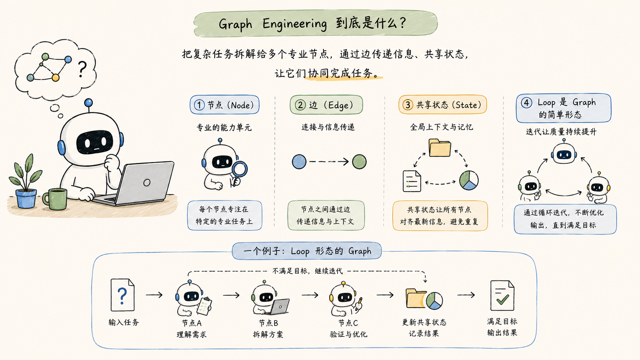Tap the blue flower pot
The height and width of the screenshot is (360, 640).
coord(26,199)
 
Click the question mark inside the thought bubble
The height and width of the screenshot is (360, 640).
coord(82,69)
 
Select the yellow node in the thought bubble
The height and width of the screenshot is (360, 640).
coord(56,77)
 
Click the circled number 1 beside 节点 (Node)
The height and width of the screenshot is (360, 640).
coord(199,105)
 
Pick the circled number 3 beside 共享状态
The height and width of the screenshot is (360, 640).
coord(408,105)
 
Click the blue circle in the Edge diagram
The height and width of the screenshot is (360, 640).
coord(299,161)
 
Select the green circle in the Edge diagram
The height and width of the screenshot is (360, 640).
coord(359,161)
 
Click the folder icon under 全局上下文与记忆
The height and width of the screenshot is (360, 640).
coord(440,148)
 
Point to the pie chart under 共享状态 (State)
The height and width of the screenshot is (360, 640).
coord(469,181)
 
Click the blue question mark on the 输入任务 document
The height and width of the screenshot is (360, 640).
coord(122,296)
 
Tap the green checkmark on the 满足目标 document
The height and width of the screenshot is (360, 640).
coord(503,299)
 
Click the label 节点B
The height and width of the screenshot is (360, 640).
coord(268,323)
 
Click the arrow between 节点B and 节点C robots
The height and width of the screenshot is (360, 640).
coord(310,295)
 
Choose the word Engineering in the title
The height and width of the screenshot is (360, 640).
coord(295,24)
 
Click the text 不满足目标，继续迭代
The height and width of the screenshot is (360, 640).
coord(307,271)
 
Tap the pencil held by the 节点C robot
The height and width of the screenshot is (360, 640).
coord(359,304)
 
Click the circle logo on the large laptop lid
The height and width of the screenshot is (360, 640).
coord(147,182)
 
